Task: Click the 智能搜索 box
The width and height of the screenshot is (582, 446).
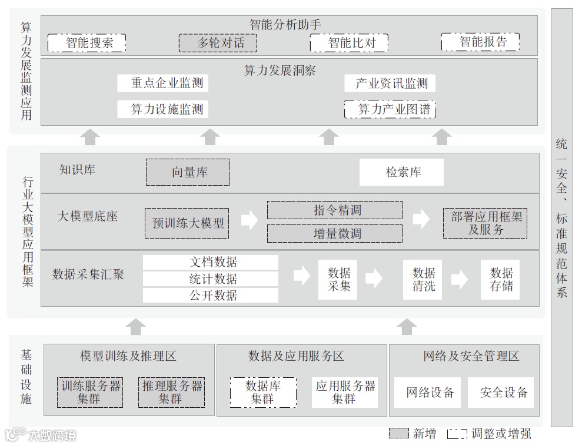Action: (87, 42)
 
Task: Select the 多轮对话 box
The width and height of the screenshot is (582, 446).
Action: (220, 42)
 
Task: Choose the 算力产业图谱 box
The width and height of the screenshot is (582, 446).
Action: (390, 109)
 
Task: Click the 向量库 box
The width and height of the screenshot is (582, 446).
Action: (188, 172)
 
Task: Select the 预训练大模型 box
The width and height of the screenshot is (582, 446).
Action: (188, 223)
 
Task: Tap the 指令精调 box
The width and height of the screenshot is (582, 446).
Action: (335, 210)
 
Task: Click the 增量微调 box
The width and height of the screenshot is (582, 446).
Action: (335, 233)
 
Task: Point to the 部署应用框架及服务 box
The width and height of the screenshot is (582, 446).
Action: (485, 223)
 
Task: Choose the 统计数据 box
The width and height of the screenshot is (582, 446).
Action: (211, 279)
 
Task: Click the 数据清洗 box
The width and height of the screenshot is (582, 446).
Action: (423, 279)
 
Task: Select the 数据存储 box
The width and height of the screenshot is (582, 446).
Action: (501, 279)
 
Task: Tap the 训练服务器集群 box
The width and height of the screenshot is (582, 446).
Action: (90, 392)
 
